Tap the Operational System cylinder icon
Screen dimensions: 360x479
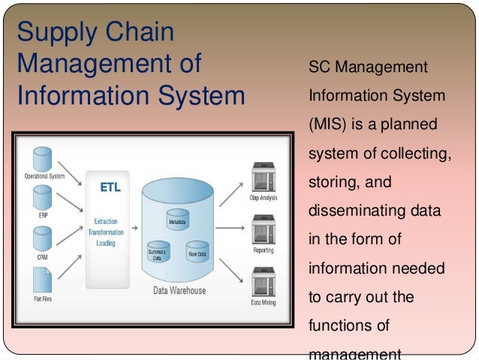(43, 160)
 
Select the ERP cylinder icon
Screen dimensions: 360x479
(43, 198)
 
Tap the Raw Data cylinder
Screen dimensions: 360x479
(197, 247)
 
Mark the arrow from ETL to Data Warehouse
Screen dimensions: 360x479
(134, 226)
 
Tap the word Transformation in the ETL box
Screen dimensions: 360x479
(105, 232)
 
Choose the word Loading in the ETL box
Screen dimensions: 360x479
(105, 244)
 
